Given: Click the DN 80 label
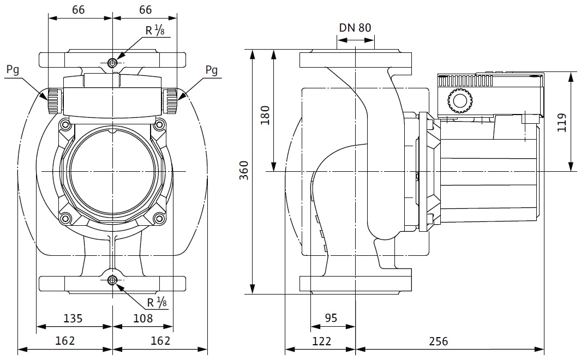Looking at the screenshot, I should (x=355, y=28).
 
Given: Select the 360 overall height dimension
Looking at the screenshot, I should (x=244, y=171).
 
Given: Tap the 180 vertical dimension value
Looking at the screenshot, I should (x=266, y=116).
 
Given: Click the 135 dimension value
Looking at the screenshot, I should (x=73, y=318).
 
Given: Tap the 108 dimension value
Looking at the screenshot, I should (x=143, y=318).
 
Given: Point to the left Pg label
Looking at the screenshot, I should (x=13, y=69).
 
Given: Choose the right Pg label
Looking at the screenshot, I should (x=212, y=69).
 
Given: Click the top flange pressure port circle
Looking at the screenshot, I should (x=112, y=63).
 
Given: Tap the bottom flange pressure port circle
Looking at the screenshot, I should (x=112, y=281).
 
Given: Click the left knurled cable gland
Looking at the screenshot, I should (x=53, y=100).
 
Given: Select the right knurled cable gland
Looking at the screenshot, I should (x=171, y=100).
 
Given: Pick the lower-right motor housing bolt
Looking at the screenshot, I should (x=159, y=219).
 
